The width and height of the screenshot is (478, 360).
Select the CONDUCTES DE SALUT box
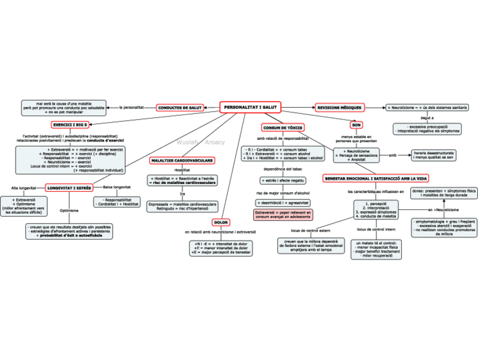180,107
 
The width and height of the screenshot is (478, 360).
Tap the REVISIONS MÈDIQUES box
340,107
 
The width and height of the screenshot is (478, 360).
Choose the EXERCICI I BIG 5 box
70,124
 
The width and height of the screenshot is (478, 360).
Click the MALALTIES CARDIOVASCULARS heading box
182,161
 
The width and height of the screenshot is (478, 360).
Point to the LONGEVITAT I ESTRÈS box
69,187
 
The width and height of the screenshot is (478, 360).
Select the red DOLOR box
221,222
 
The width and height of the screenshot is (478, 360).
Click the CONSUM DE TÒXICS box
283,128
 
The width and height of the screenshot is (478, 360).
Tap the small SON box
356,125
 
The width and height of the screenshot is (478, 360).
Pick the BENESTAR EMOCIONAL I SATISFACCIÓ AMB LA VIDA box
375,178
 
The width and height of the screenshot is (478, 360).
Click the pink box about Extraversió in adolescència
283,214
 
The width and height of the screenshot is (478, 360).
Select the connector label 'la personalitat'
132,107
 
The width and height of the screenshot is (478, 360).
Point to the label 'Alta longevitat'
24,187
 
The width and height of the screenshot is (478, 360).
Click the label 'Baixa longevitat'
117,187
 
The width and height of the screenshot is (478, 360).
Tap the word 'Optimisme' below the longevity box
69,210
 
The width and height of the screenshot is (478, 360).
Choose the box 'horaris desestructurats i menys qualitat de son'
433,155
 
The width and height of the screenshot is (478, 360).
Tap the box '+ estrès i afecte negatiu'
283,181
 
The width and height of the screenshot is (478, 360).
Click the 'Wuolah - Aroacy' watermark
200,142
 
